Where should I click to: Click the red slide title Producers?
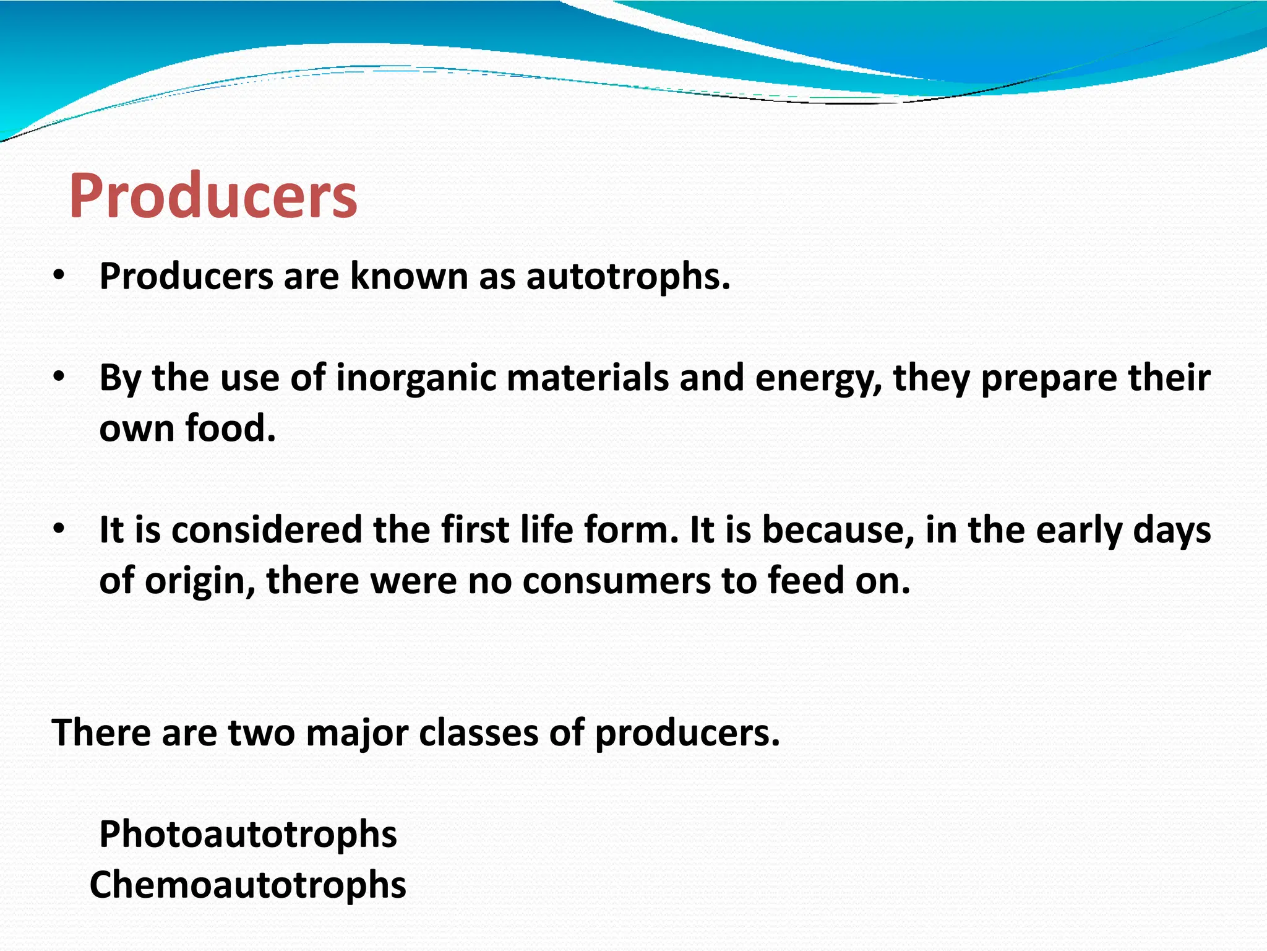click(213, 196)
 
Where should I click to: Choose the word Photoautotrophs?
click(247, 834)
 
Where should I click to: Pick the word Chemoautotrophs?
click(247, 885)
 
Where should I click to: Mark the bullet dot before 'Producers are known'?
click(58, 276)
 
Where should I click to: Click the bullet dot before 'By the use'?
click(58, 378)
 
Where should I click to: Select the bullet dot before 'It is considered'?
click(58, 530)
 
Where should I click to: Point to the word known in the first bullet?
click(409, 276)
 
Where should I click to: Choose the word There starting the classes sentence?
click(101, 733)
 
